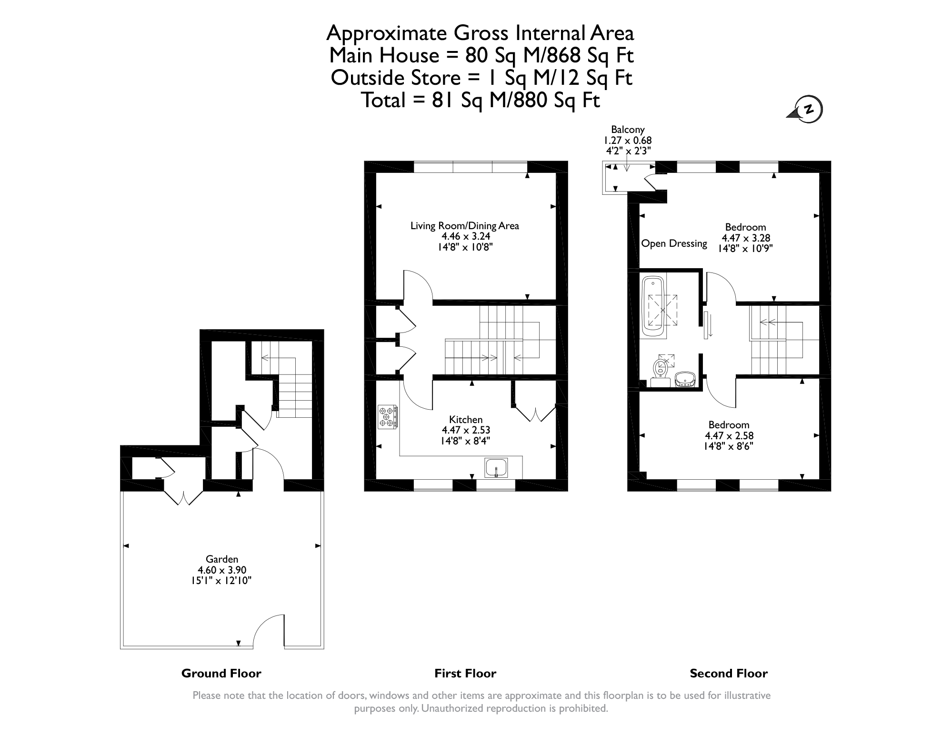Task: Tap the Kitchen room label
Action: (466, 420)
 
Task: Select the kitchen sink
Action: (496, 467)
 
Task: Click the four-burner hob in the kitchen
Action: (387, 417)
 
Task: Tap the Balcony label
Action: (628, 130)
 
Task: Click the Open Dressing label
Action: (674, 243)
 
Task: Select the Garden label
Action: (222, 559)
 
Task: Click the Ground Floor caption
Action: (221, 673)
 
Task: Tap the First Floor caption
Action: (465, 673)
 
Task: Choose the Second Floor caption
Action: (729, 673)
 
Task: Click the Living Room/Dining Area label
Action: (465, 226)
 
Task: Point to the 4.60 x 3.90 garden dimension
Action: (222, 570)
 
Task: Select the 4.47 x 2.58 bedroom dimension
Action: (729, 435)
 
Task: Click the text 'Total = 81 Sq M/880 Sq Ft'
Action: (480, 100)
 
